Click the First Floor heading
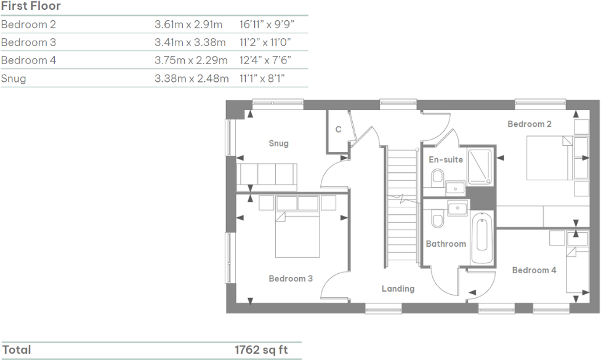coord(31,6)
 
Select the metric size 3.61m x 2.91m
coord(188,25)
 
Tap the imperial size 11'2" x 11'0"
coord(265,42)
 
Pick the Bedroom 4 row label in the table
coord(29,60)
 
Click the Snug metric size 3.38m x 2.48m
coord(191,79)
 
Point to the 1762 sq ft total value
coord(261,350)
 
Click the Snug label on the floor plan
coord(278,143)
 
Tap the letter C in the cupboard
coord(338,130)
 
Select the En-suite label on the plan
coord(446,159)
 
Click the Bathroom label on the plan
coord(446,244)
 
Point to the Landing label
coord(398,288)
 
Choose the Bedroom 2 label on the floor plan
coord(529,124)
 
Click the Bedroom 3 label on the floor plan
coord(291,278)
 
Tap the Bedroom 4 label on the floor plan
coord(534,270)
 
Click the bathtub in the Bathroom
coord(482,233)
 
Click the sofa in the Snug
coord(267,176)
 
